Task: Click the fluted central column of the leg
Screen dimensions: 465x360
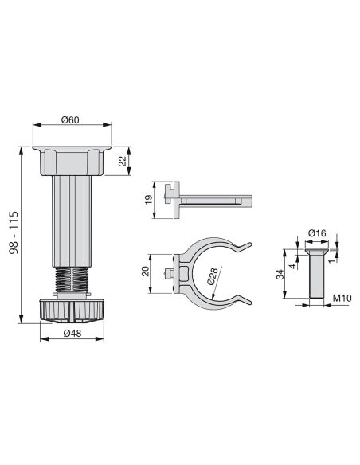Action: pyautogui.click(x=70, y=222)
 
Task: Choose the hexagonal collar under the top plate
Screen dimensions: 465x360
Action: pyautogui.click(x=72, y=165)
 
